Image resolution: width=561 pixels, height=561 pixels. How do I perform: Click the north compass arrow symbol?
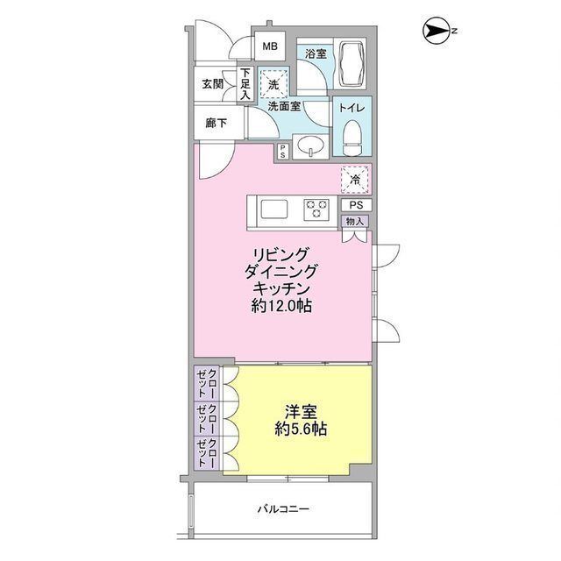coord(435,32)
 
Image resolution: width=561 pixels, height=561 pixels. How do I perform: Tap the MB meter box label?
coord(270,46)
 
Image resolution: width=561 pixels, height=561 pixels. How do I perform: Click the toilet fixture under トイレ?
coord(352,138)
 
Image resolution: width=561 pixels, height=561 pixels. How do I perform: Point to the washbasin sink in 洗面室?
coord(310,146)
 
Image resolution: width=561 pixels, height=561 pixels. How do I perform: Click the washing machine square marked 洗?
coord(273,83)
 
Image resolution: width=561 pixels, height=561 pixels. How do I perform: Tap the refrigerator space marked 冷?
coord(355,180)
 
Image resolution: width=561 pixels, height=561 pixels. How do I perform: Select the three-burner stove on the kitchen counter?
coord(316,209)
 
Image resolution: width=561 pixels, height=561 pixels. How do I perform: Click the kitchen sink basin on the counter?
coord(274,209)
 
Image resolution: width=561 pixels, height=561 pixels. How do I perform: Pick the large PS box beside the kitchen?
coord(356,205)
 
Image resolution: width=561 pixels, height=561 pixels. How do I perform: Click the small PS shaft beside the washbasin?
coord(282,152)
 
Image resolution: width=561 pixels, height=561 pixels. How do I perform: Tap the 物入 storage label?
coord(355,222)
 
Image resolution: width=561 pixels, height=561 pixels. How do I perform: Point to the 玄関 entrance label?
coord(212,84)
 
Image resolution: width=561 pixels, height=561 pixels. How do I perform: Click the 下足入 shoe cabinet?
coord(245,84)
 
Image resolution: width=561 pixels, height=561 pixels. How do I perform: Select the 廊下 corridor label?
coord(217,124)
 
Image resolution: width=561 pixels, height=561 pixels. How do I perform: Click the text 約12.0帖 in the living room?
coord(281,306)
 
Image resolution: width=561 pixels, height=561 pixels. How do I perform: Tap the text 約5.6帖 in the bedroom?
coord(301,429)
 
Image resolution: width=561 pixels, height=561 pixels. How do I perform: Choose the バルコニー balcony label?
coord(283,508)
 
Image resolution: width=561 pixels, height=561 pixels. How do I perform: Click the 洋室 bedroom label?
coord(301,412)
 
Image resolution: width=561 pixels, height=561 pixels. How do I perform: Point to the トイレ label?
coord(352,108)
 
